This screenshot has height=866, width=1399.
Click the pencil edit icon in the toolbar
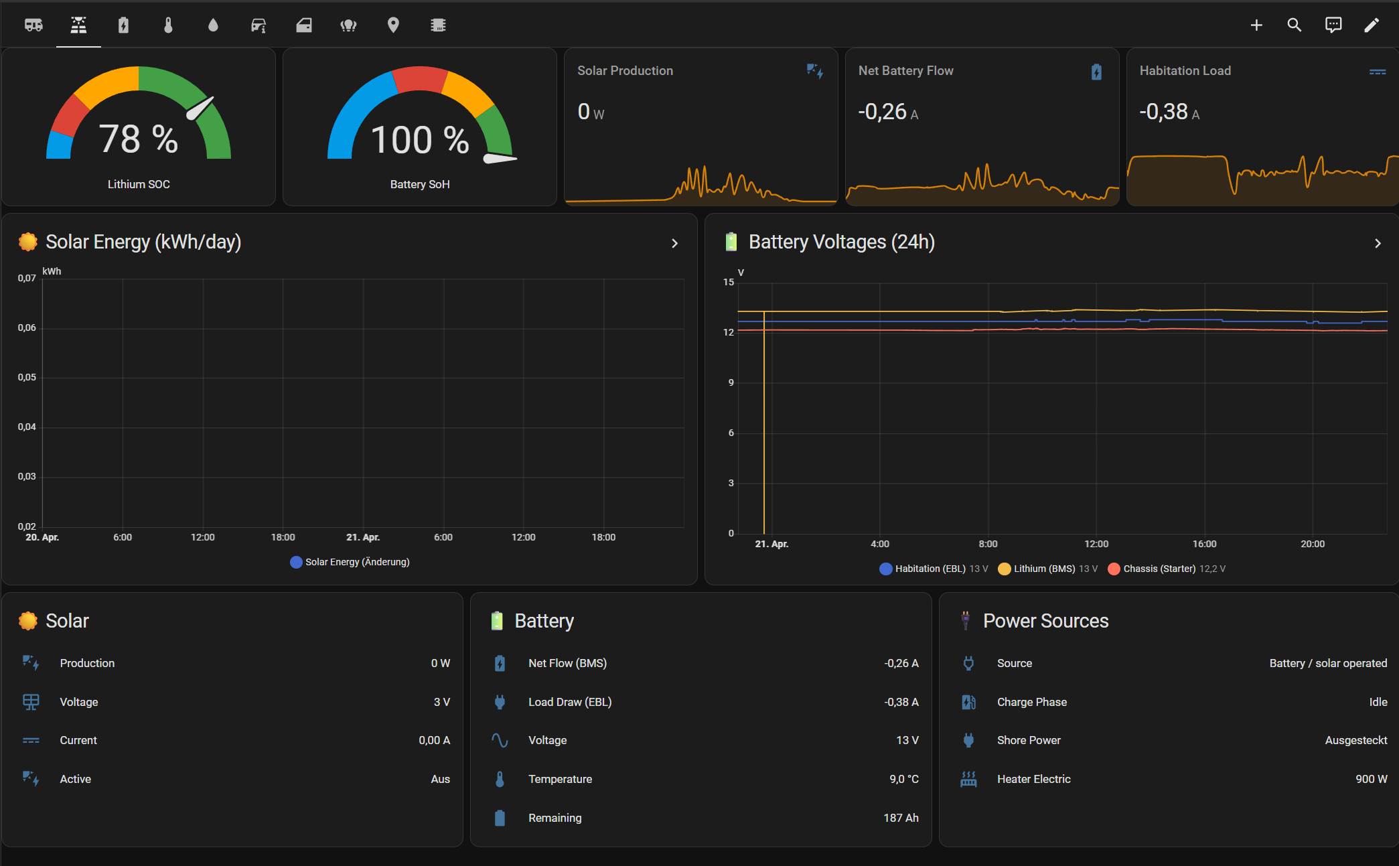tap(1372, 25)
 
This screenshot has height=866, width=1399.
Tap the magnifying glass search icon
tap(1295, 25)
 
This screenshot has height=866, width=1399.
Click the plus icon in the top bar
tap(1256, 25)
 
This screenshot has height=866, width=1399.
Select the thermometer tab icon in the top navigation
tap(168, 25)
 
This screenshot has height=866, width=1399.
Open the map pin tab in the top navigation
tap(393, 25)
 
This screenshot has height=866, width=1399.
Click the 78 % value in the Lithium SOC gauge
tap(139, 139)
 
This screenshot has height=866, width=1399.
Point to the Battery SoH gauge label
tap(420, 184)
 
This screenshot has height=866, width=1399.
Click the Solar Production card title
tap(625, 71)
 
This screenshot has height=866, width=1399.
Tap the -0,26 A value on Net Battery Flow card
tap(888, 112)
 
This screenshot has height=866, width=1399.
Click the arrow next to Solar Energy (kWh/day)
tap(674, 243)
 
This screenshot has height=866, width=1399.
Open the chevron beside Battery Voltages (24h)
tap(1378, 243)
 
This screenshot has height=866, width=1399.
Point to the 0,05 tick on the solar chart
tap(27, 377)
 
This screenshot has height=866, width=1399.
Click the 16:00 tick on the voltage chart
tap(1204, 544)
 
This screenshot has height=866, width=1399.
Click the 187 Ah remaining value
tap(901, 818)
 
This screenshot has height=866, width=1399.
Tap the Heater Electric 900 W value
tap(1371, 779)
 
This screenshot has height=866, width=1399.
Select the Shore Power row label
tap(1029, 740)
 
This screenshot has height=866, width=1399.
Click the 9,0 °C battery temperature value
tap(904, 779)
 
